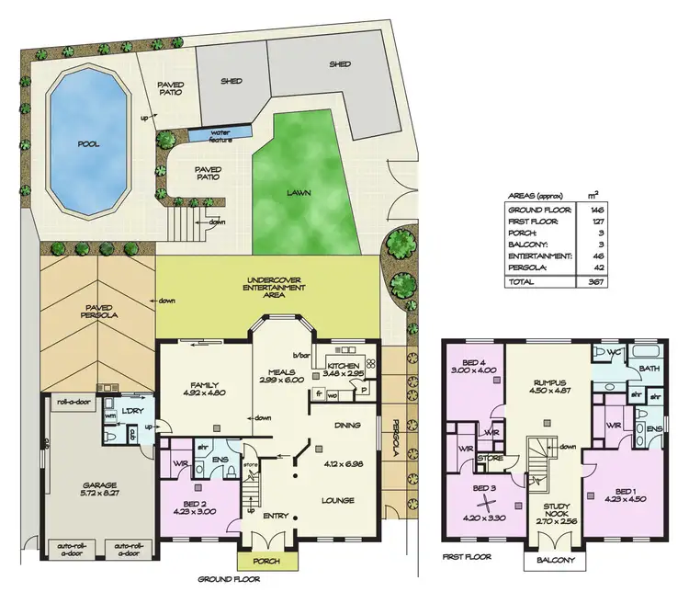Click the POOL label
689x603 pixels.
(89, 145)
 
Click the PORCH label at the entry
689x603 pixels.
(259, 561)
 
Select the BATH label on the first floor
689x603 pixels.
(649, 370)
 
